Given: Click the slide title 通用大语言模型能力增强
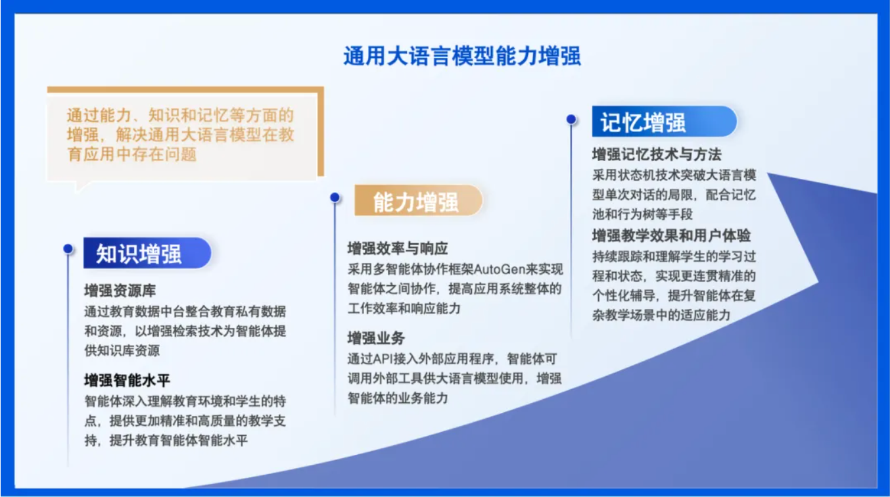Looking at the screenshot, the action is click(x=461, y=56).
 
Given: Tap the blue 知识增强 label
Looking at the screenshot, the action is click(x=147, y=253).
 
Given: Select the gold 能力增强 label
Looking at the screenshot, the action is click(x=419, y=201).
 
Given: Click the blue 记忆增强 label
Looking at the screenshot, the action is click(x=665, y=122).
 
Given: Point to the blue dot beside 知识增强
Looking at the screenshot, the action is click(x=68, y=248).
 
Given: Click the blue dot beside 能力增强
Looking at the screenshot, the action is click(x=335, y=197).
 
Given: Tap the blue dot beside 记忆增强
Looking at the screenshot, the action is click(x=571, y=119).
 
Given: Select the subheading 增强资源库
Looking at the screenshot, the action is click(x=120, y=291).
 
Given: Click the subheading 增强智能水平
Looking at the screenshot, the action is click(x=127, y=381).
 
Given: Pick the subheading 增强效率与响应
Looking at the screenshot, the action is click(x=398, y=248).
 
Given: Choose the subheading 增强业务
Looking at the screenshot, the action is click(x=376, y=339).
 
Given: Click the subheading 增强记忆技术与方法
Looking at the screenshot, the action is click(x=657, y=154).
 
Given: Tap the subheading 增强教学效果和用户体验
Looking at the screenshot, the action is click(x=672, y=236).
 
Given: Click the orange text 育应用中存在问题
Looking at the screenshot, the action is click(x=132, y=154).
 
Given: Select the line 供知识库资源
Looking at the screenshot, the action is click(x=122, y=350).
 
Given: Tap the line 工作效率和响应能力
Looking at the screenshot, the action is click(x=404, y=308).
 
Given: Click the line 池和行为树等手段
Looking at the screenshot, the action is click(x=642, y=214).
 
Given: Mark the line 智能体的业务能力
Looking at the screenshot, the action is click(x=398, y=398).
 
